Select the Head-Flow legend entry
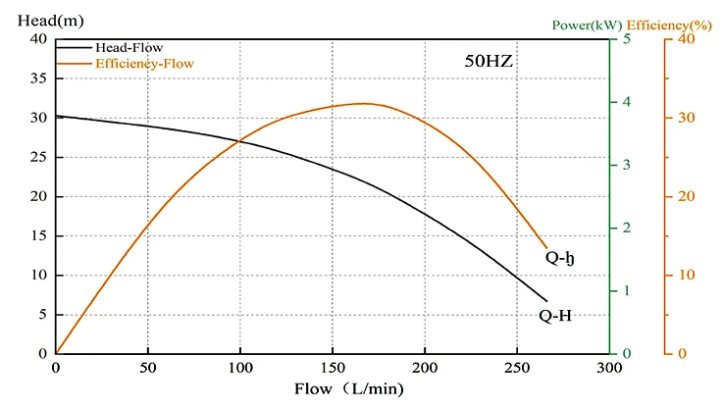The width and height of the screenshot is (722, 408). [129, 46]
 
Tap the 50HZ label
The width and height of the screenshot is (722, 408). [489, 61]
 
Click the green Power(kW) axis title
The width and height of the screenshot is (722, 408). [587, 24]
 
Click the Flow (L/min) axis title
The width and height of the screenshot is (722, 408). [348, 388]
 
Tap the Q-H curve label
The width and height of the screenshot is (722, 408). [555, 316]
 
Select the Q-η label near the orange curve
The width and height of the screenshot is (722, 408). [559, 259]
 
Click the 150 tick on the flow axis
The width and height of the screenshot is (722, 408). [332, 368]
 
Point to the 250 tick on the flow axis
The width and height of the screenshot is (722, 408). [516, 368]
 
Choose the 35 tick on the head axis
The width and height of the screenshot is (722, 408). [38, 78]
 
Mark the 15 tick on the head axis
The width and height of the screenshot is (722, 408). [38, 235]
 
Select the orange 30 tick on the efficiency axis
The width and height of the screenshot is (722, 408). [687, 118]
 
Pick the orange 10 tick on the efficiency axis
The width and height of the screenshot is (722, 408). [687, 275]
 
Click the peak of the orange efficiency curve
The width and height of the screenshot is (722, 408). [363, 103]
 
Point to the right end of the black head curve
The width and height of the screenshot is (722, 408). [546, 301]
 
